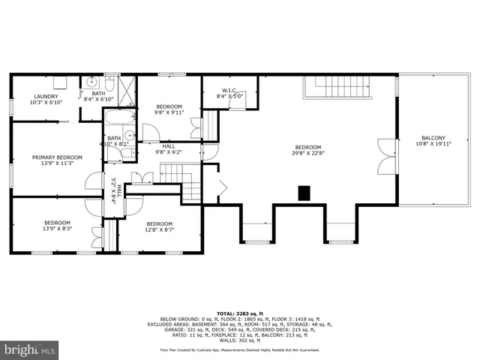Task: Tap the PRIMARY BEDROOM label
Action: pyautogui.click(x=57, y=157)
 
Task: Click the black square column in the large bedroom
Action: pyautogui.click(x=304, y=193)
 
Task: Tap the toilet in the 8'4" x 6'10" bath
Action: pyautogui.click(x=110, y=81)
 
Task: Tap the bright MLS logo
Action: pyautogui.click(x=30, y=349)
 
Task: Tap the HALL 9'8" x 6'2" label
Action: pyautogui.click(x=169, y=148)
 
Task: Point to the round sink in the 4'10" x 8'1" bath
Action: pyautogui.click(x=128, y=136)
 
